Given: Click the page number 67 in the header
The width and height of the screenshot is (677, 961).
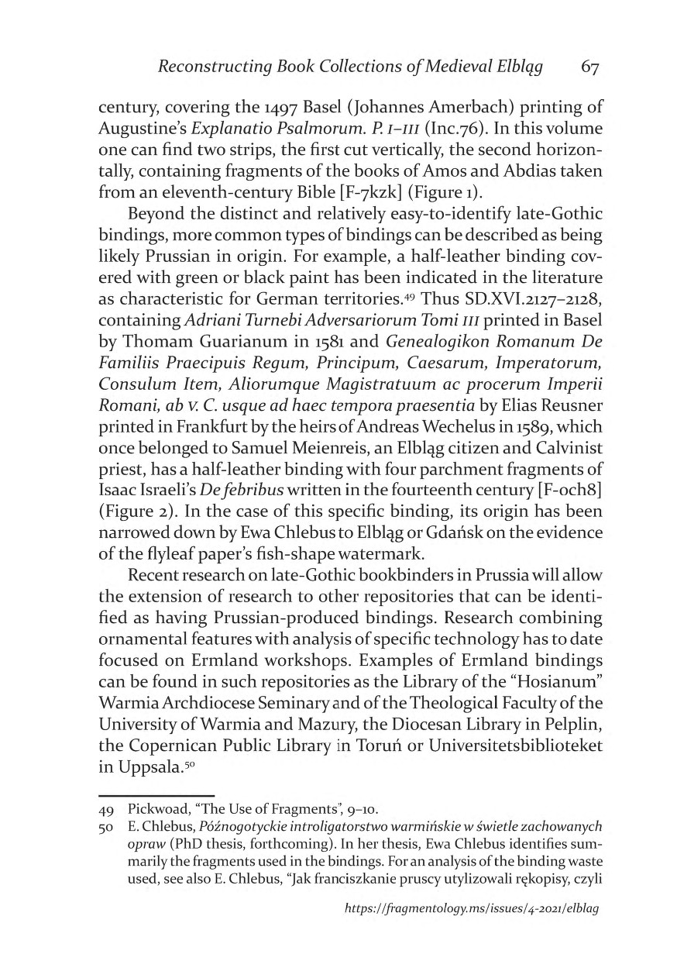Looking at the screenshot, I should pos(590,67).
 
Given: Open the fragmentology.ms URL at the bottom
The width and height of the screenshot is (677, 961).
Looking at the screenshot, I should pos(472,927).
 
